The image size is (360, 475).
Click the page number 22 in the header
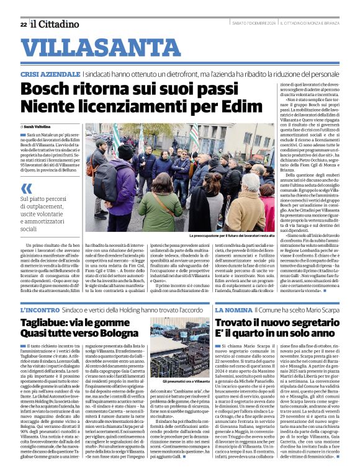[x=23, y=24]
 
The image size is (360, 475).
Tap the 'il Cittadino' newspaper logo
[x=55, y=24]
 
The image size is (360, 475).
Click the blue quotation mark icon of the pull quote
[x=26, y=188]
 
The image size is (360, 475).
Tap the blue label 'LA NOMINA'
[x=235, y=309]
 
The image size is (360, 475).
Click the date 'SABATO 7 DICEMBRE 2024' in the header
[x=250, y=24]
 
